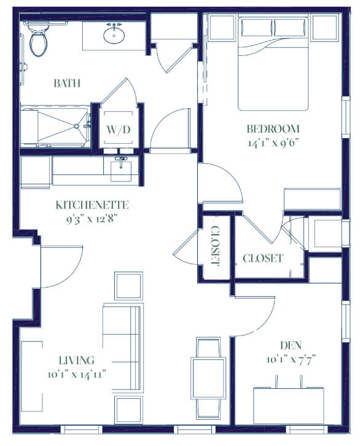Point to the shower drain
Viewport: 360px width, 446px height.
coord(76,126)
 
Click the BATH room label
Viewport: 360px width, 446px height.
coord(67,84)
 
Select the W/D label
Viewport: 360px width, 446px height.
coord(119,130)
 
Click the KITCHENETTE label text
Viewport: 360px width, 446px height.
coord(92,205)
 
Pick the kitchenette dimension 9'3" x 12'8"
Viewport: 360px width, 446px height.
coord(92,219)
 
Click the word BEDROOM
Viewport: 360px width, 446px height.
coord(273,129)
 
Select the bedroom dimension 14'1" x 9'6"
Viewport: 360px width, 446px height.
coord(274,143)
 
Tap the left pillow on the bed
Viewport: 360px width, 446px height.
coord(257,27)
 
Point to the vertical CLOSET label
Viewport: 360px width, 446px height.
coord(216,246)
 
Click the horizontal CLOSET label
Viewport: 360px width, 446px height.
coord(263,258)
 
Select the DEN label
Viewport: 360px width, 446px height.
coord(291,345)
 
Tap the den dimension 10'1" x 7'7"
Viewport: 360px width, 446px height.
coord(291,359)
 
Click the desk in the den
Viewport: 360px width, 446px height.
coord(289,406)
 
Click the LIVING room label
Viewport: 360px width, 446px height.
coord(77,361)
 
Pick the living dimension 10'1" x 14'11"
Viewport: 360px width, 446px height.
coord(77,374)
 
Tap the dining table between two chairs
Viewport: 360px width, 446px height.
coord(209,378)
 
